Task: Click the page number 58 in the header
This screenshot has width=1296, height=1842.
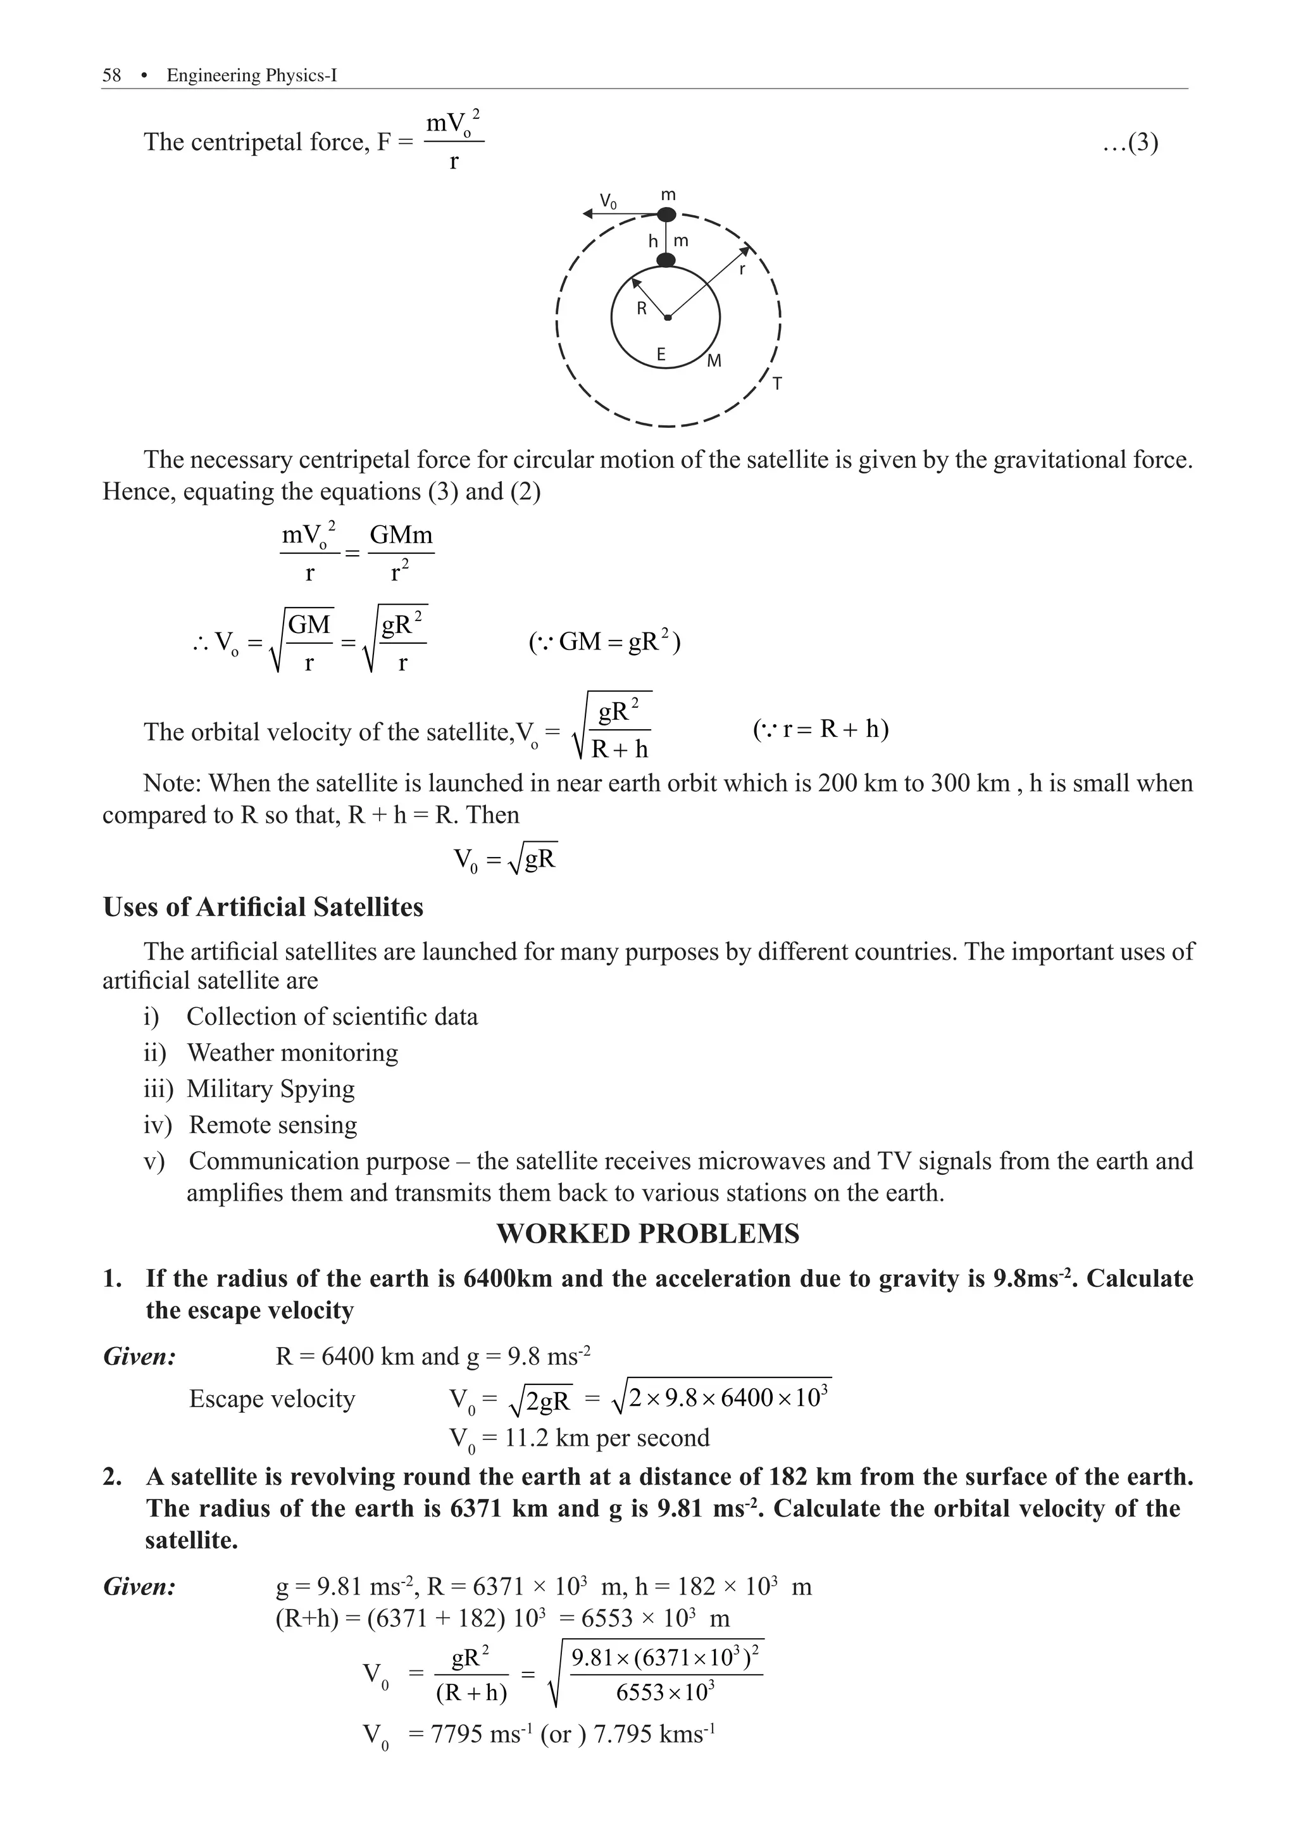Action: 111,75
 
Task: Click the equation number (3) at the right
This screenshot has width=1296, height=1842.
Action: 1130,143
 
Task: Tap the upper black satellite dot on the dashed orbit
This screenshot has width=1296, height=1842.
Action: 666,214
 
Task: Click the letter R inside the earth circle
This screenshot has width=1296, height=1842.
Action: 642,308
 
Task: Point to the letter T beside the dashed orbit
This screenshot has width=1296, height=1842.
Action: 777,385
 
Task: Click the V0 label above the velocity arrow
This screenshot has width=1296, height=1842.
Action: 609,201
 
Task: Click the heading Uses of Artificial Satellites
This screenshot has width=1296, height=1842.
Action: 263,907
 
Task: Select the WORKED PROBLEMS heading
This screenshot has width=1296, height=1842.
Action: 648,1233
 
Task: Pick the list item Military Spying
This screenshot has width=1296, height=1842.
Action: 270,1089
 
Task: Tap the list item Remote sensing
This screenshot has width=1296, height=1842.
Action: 273,1125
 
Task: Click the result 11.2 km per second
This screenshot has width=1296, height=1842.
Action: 606,1437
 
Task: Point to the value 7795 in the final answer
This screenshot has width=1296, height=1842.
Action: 458,1734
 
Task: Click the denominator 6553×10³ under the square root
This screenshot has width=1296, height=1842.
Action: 666,1692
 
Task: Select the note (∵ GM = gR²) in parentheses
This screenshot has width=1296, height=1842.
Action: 605,642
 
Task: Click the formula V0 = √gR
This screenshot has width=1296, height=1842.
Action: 505,860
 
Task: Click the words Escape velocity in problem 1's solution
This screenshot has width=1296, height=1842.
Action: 272,1398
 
